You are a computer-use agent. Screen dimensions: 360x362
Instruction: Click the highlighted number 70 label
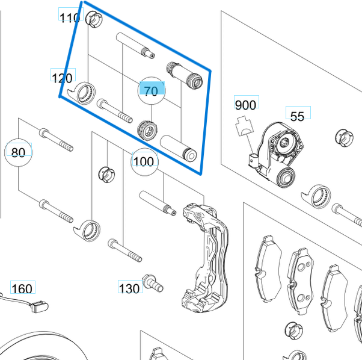click(151, 90)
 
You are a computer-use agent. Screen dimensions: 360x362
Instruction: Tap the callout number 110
click(70, 17)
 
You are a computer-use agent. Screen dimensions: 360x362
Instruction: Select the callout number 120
click(62, 78)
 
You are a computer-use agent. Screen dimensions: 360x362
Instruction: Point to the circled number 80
click(19, 152)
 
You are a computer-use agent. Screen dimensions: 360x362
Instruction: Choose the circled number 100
click(144, 161)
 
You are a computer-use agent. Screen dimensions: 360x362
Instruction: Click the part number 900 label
click(245, 105)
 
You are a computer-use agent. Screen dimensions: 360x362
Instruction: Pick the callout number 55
click(297, 116)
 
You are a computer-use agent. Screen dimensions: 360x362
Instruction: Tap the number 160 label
click(22, 289)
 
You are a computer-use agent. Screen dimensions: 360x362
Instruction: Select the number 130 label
click(129, 288)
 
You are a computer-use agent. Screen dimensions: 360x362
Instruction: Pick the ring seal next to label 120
click(83, 92)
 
